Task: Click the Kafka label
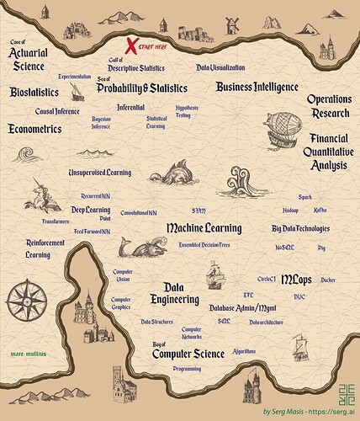(x=320, y=208)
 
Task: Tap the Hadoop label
(x=290, y=208)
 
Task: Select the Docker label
(x=327, y=280)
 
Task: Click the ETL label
(x=248, y=296)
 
